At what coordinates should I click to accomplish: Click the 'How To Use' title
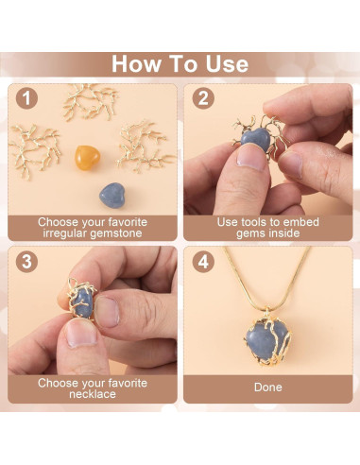(180, 63)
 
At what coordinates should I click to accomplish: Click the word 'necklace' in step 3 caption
(92, 396)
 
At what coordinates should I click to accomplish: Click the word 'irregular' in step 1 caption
(60, 233)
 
